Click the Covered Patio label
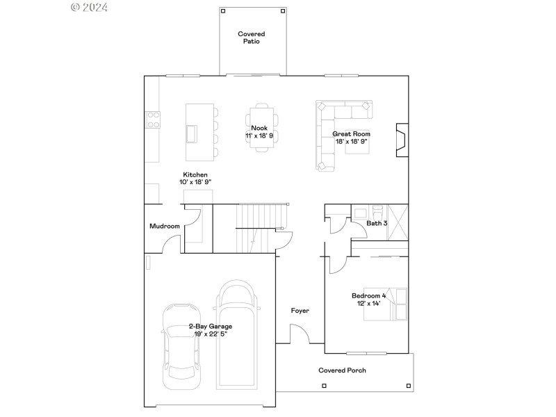coord(251,38)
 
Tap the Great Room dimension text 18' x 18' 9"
coord(351,142)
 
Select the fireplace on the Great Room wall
coord(401,141)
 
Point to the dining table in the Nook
coord(261,125)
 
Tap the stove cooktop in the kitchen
coord(152,120)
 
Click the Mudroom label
coord(165,226)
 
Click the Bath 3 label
coord(377,223)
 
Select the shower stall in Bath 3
coord(398,222)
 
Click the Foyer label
coord(300,311)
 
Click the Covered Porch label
coord(342,370)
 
